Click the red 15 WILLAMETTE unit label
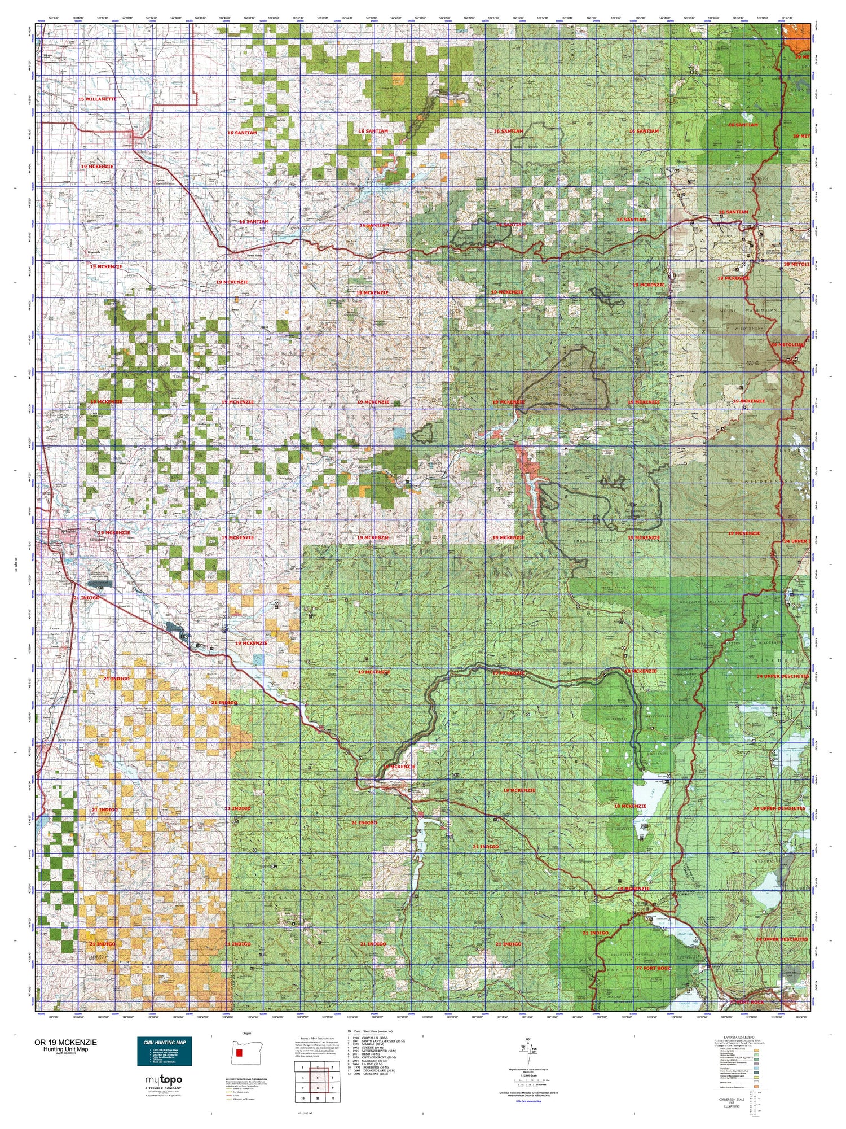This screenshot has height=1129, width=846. (97, 99)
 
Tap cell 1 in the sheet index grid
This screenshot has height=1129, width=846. (303, 1067)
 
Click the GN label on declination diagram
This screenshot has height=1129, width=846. (528, 1039)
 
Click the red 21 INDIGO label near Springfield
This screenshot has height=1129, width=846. (86, 598)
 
